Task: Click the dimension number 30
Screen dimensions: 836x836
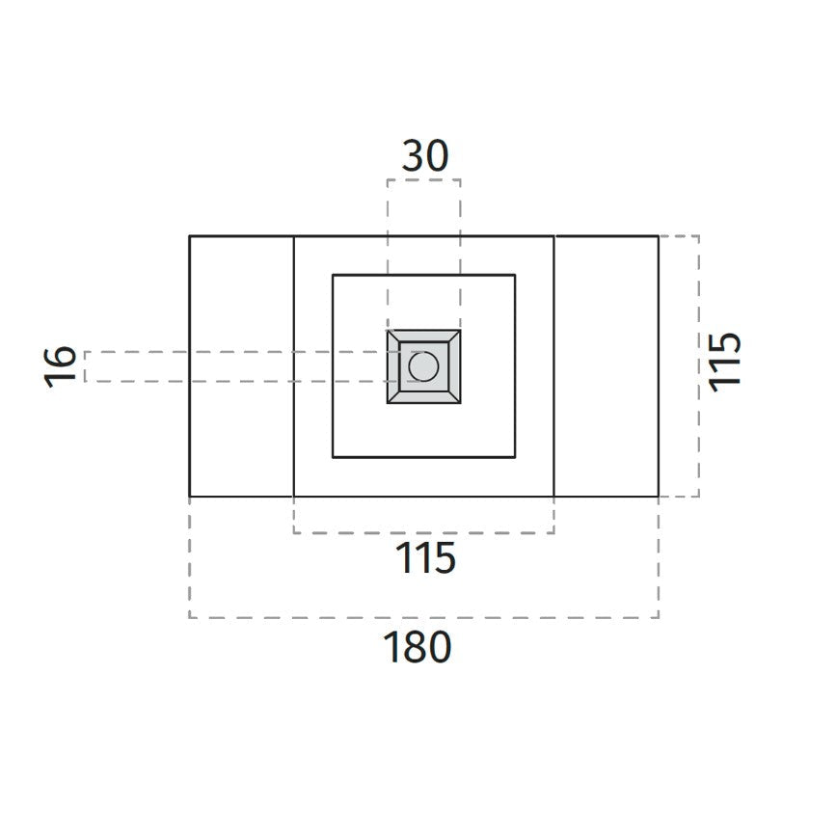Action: tap(425, 155)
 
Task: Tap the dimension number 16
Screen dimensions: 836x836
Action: tap(60, 366)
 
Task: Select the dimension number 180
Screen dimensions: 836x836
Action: tap(418, 647)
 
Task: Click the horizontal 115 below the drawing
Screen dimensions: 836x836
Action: tap(425, 557)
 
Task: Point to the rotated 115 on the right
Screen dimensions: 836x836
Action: tap(724, 362)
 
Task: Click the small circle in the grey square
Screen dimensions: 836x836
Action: tap(423, 366)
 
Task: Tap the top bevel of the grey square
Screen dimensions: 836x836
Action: tap(424, 336)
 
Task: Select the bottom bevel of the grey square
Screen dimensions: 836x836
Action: tap(424, 397)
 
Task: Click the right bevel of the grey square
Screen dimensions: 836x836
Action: tap(454, 366)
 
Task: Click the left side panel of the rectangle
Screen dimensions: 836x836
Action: tap(241, 366)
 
